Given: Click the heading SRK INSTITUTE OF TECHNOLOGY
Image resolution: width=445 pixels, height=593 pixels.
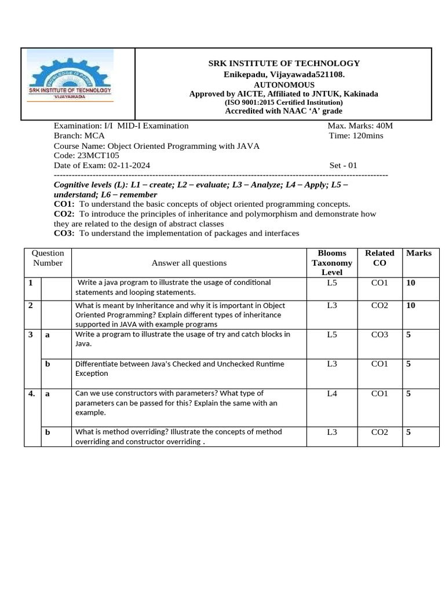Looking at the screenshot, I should tap(284, 63).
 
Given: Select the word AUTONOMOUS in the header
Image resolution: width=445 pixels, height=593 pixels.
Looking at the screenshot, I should tap(284, 85).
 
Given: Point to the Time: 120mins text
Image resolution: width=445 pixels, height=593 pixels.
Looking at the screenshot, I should tap(355, 136).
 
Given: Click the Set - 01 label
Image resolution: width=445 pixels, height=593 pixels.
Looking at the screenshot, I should tap(344, 166).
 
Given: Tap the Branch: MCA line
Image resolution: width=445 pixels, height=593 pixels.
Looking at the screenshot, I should tap(79, 136).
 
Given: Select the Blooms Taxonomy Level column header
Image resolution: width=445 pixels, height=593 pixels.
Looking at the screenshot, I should tap(332, 262).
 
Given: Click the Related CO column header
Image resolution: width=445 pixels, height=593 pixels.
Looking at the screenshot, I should tap(380, 258).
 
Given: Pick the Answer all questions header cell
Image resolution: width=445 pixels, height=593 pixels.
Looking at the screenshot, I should tap(189, 263).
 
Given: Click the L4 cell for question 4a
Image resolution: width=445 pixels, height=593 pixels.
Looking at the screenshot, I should tap(332, 394).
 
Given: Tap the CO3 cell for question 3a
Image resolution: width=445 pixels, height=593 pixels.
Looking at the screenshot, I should tap(380, 335).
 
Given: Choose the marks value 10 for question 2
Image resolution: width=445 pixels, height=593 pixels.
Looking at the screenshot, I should tap(411, 305).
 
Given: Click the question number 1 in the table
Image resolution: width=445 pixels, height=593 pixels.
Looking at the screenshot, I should tap(30, 283).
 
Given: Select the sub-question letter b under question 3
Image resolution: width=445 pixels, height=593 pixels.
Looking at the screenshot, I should tap(48, 364).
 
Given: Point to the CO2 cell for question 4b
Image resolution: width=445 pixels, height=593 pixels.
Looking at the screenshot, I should tap(380, 432).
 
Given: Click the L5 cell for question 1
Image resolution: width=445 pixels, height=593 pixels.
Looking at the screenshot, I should tap(332, 283).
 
